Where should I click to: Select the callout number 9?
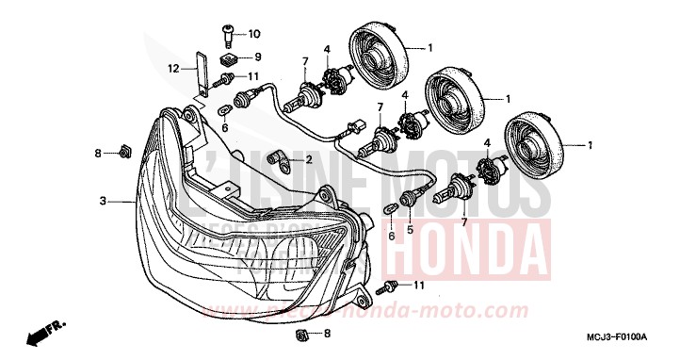tap(255, 57)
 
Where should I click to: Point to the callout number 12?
tap(173, 68)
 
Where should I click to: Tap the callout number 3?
tap(103, 201)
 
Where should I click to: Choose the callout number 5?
tap(409, 227)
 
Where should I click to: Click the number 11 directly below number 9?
tap(255, 75)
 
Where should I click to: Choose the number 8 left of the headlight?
tap(97, 152)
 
